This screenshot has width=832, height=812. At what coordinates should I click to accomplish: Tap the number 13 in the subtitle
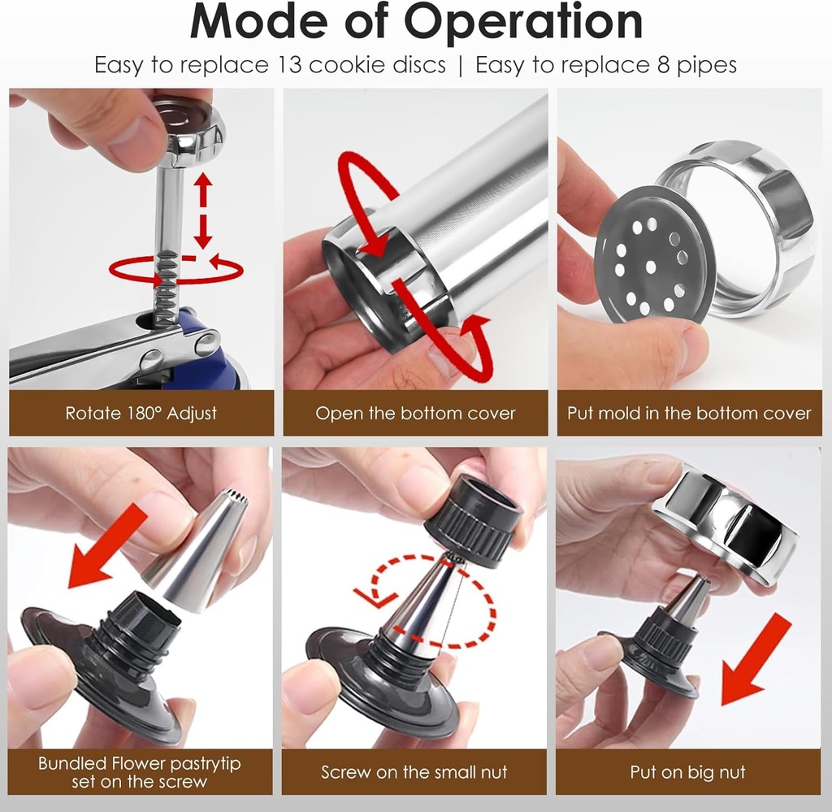[289, 65]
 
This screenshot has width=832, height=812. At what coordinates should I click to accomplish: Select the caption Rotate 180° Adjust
[141, 413]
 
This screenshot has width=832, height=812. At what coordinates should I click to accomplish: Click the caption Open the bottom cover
[415, 413]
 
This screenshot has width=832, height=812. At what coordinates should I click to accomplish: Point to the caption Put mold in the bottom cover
[689, 413]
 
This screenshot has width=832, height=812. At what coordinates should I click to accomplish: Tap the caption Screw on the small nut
[414, 771]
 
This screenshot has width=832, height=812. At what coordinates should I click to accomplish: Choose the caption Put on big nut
[687, 771]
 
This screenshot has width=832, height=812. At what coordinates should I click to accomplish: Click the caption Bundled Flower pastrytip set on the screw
[140, 772]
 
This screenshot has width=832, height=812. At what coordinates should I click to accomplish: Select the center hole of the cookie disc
[651, 267]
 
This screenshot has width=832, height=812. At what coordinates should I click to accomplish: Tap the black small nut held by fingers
[474, 521]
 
